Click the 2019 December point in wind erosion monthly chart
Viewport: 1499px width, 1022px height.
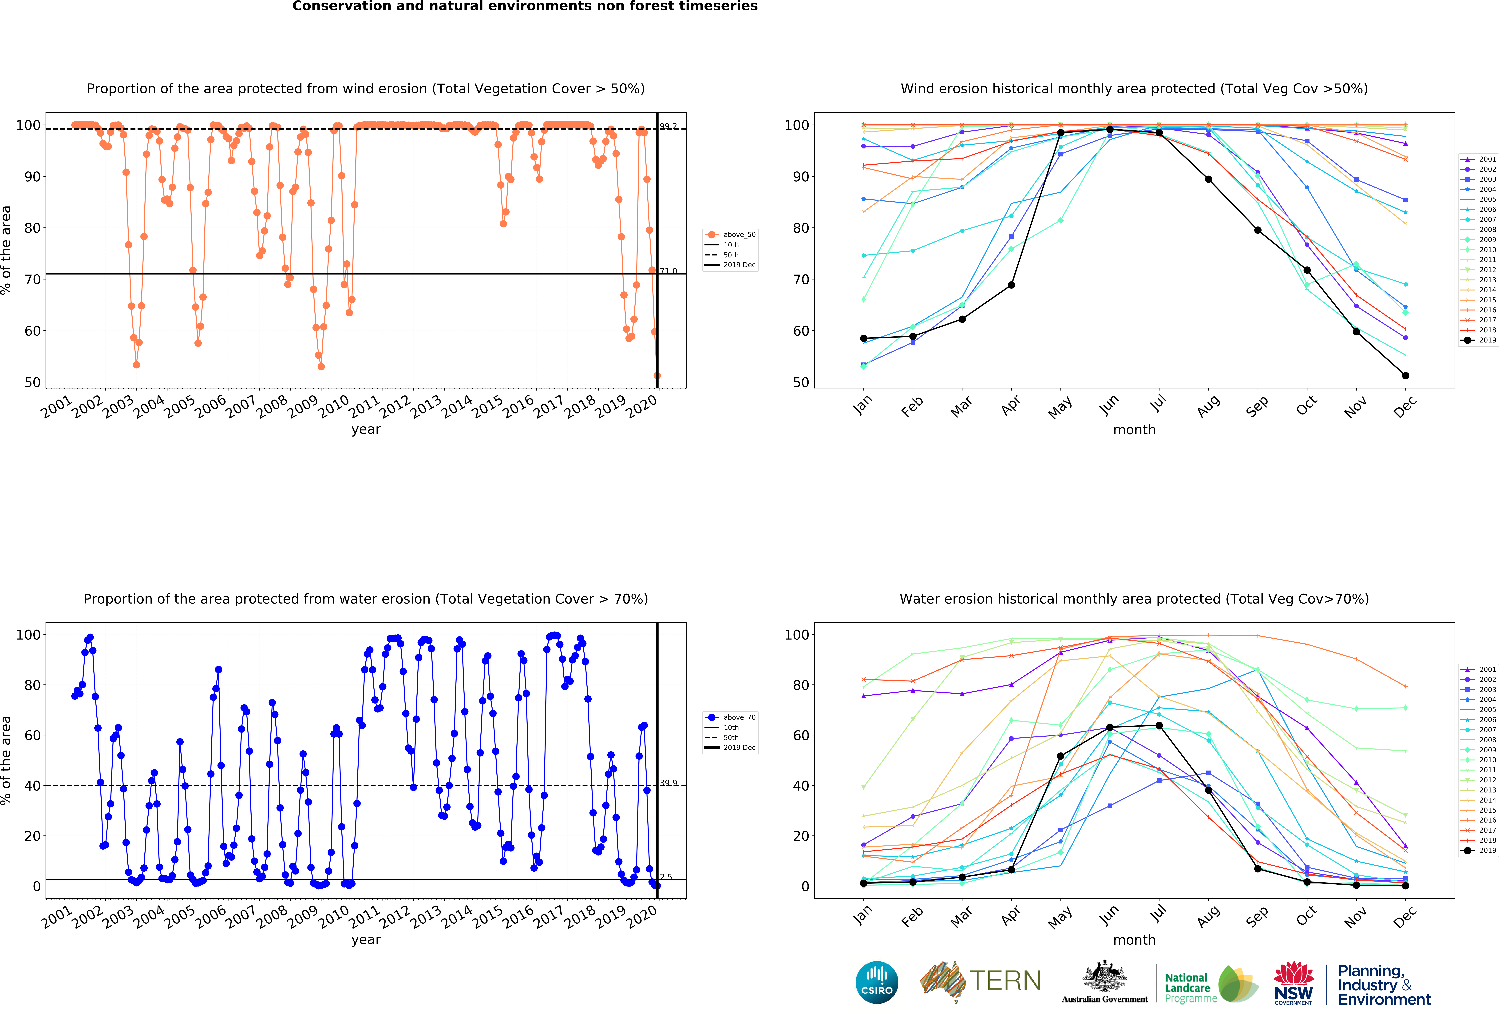pos(1405,375)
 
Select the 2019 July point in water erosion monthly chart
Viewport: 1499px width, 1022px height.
pos(1159,725)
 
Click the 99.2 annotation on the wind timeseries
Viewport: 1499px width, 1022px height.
pos(668,127)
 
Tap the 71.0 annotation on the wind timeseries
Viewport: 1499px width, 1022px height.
pos(668,271)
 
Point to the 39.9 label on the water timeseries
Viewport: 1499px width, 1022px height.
pos(668,783)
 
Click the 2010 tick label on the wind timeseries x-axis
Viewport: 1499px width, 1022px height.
pos(334,407)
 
